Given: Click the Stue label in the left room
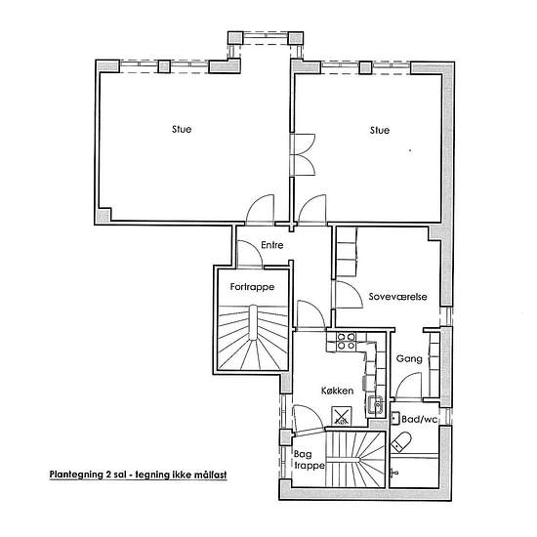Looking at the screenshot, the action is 182,129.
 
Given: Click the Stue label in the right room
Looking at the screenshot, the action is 380,130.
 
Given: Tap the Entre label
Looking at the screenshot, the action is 272,245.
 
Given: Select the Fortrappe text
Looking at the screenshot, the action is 252,287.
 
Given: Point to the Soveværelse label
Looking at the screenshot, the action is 397,296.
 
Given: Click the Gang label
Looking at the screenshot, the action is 409,358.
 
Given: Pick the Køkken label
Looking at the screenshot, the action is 338,391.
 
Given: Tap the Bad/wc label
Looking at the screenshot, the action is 420,419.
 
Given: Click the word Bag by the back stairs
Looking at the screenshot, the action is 303,454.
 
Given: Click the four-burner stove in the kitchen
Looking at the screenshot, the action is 346,341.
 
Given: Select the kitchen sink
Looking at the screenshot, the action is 376,405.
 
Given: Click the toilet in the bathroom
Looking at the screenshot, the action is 400,441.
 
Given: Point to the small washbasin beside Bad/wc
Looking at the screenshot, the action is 395,418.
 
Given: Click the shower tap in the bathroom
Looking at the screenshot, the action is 395,473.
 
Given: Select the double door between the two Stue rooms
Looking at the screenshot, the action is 303,155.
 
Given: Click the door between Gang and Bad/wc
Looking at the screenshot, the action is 408,386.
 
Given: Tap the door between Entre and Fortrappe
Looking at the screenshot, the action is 250,254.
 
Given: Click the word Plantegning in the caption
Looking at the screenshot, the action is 74,475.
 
